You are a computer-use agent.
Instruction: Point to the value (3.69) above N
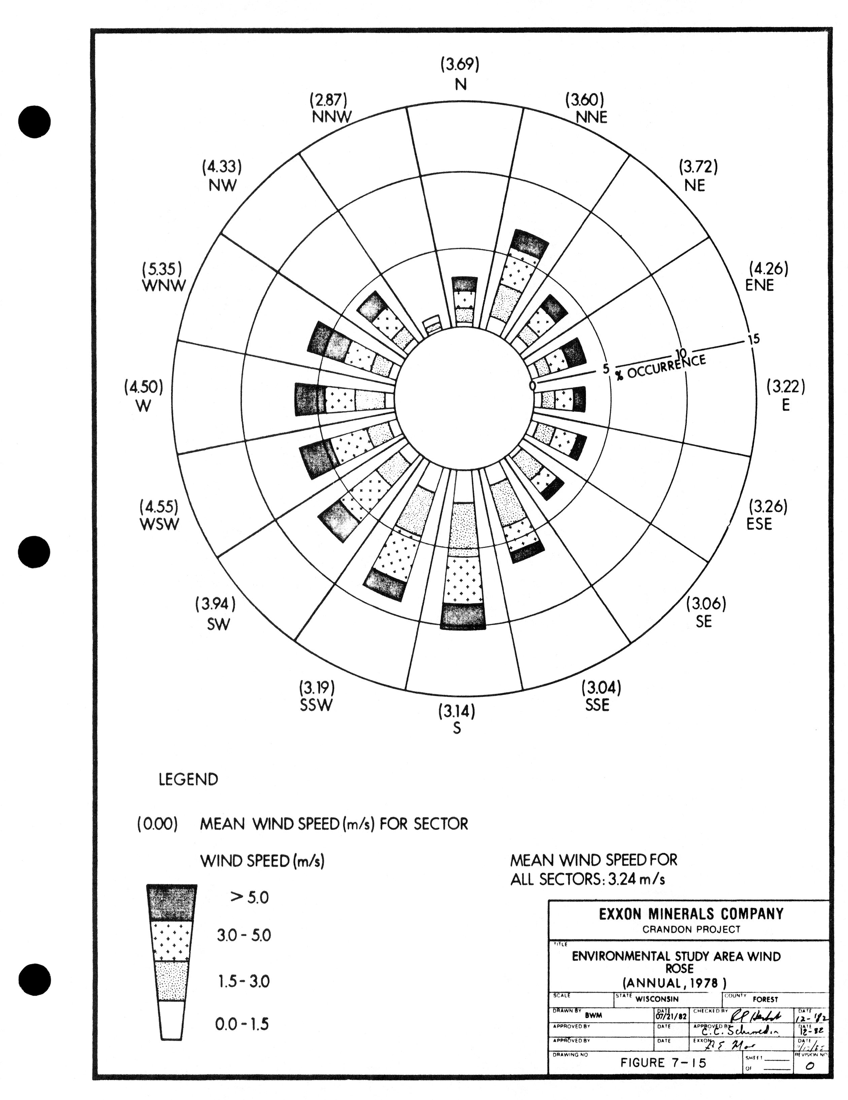click(460, 64)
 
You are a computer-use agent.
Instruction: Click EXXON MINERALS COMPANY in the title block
click(691, 914)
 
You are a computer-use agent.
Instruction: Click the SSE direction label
click(597, 705)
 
